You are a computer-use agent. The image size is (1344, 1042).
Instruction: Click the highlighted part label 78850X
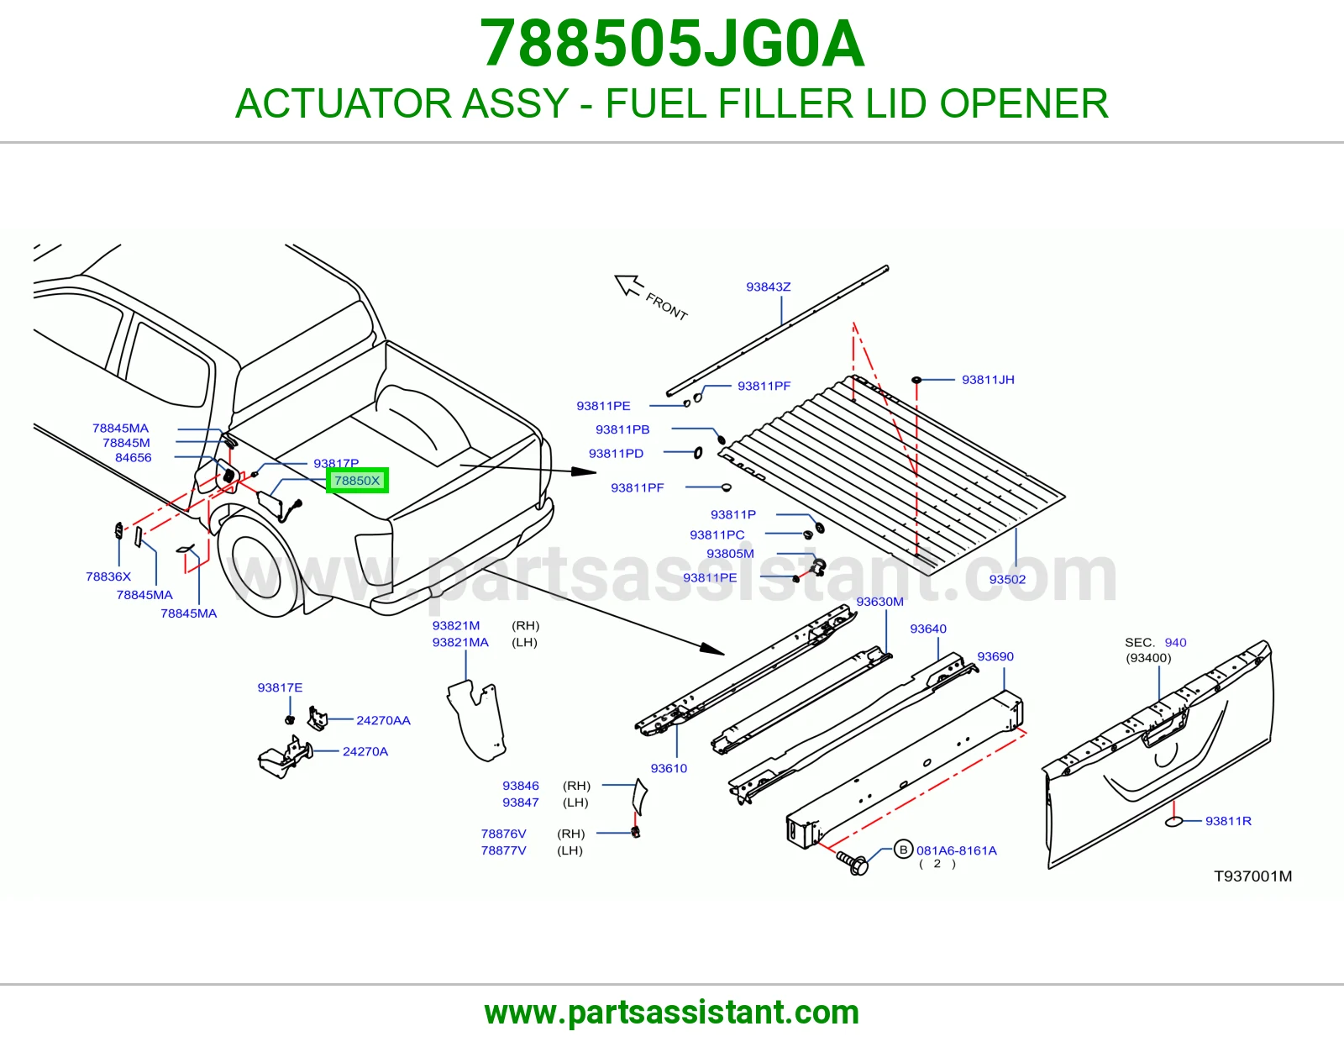pyautogui.click(x=357, y=480)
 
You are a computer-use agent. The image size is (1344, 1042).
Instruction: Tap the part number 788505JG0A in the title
pyautogui.click(x=672, y=44)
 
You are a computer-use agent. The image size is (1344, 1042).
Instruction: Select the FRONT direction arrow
pyautogui.click(x=628, y=285)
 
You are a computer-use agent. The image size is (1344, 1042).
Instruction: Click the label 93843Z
pyautogui.click(x=768, y=287)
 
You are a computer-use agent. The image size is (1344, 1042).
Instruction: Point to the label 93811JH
pyautogui.click(x=988, y=379)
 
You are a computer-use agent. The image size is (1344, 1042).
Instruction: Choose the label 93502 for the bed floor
pyautogui.click(x=1007, y=579)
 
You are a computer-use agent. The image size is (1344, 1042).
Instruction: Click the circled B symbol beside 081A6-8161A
pyautogui.click(x=904, y=850)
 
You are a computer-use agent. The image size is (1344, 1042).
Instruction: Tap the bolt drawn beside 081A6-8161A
pyautogui.click(x=853, y=862)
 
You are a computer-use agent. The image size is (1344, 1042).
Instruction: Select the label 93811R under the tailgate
pyautogui.click(x=1228, y=820)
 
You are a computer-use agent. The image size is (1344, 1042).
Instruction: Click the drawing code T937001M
pyautogui.click(x=1252, y=876)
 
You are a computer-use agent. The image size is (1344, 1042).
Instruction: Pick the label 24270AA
pyautogui.click(x=384, y=720)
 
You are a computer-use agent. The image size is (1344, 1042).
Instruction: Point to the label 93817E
pyautogui.click(x=281, y=687)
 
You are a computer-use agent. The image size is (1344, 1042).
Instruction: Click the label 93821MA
pyautogui.click(x=460, y=642)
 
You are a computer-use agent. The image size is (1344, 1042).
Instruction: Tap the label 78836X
pyautogui.click(x=108, y=576)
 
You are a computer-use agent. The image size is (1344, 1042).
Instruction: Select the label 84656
pyautogui.click(x=133, y=457)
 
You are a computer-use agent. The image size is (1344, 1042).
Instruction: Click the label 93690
pyautogui.click(x=995, y=656)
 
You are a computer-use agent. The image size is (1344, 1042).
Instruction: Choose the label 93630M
pyautogui.click(x=879, y=602)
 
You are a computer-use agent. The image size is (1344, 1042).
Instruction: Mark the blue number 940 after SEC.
pyautogui.click(x=1175, y=642)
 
